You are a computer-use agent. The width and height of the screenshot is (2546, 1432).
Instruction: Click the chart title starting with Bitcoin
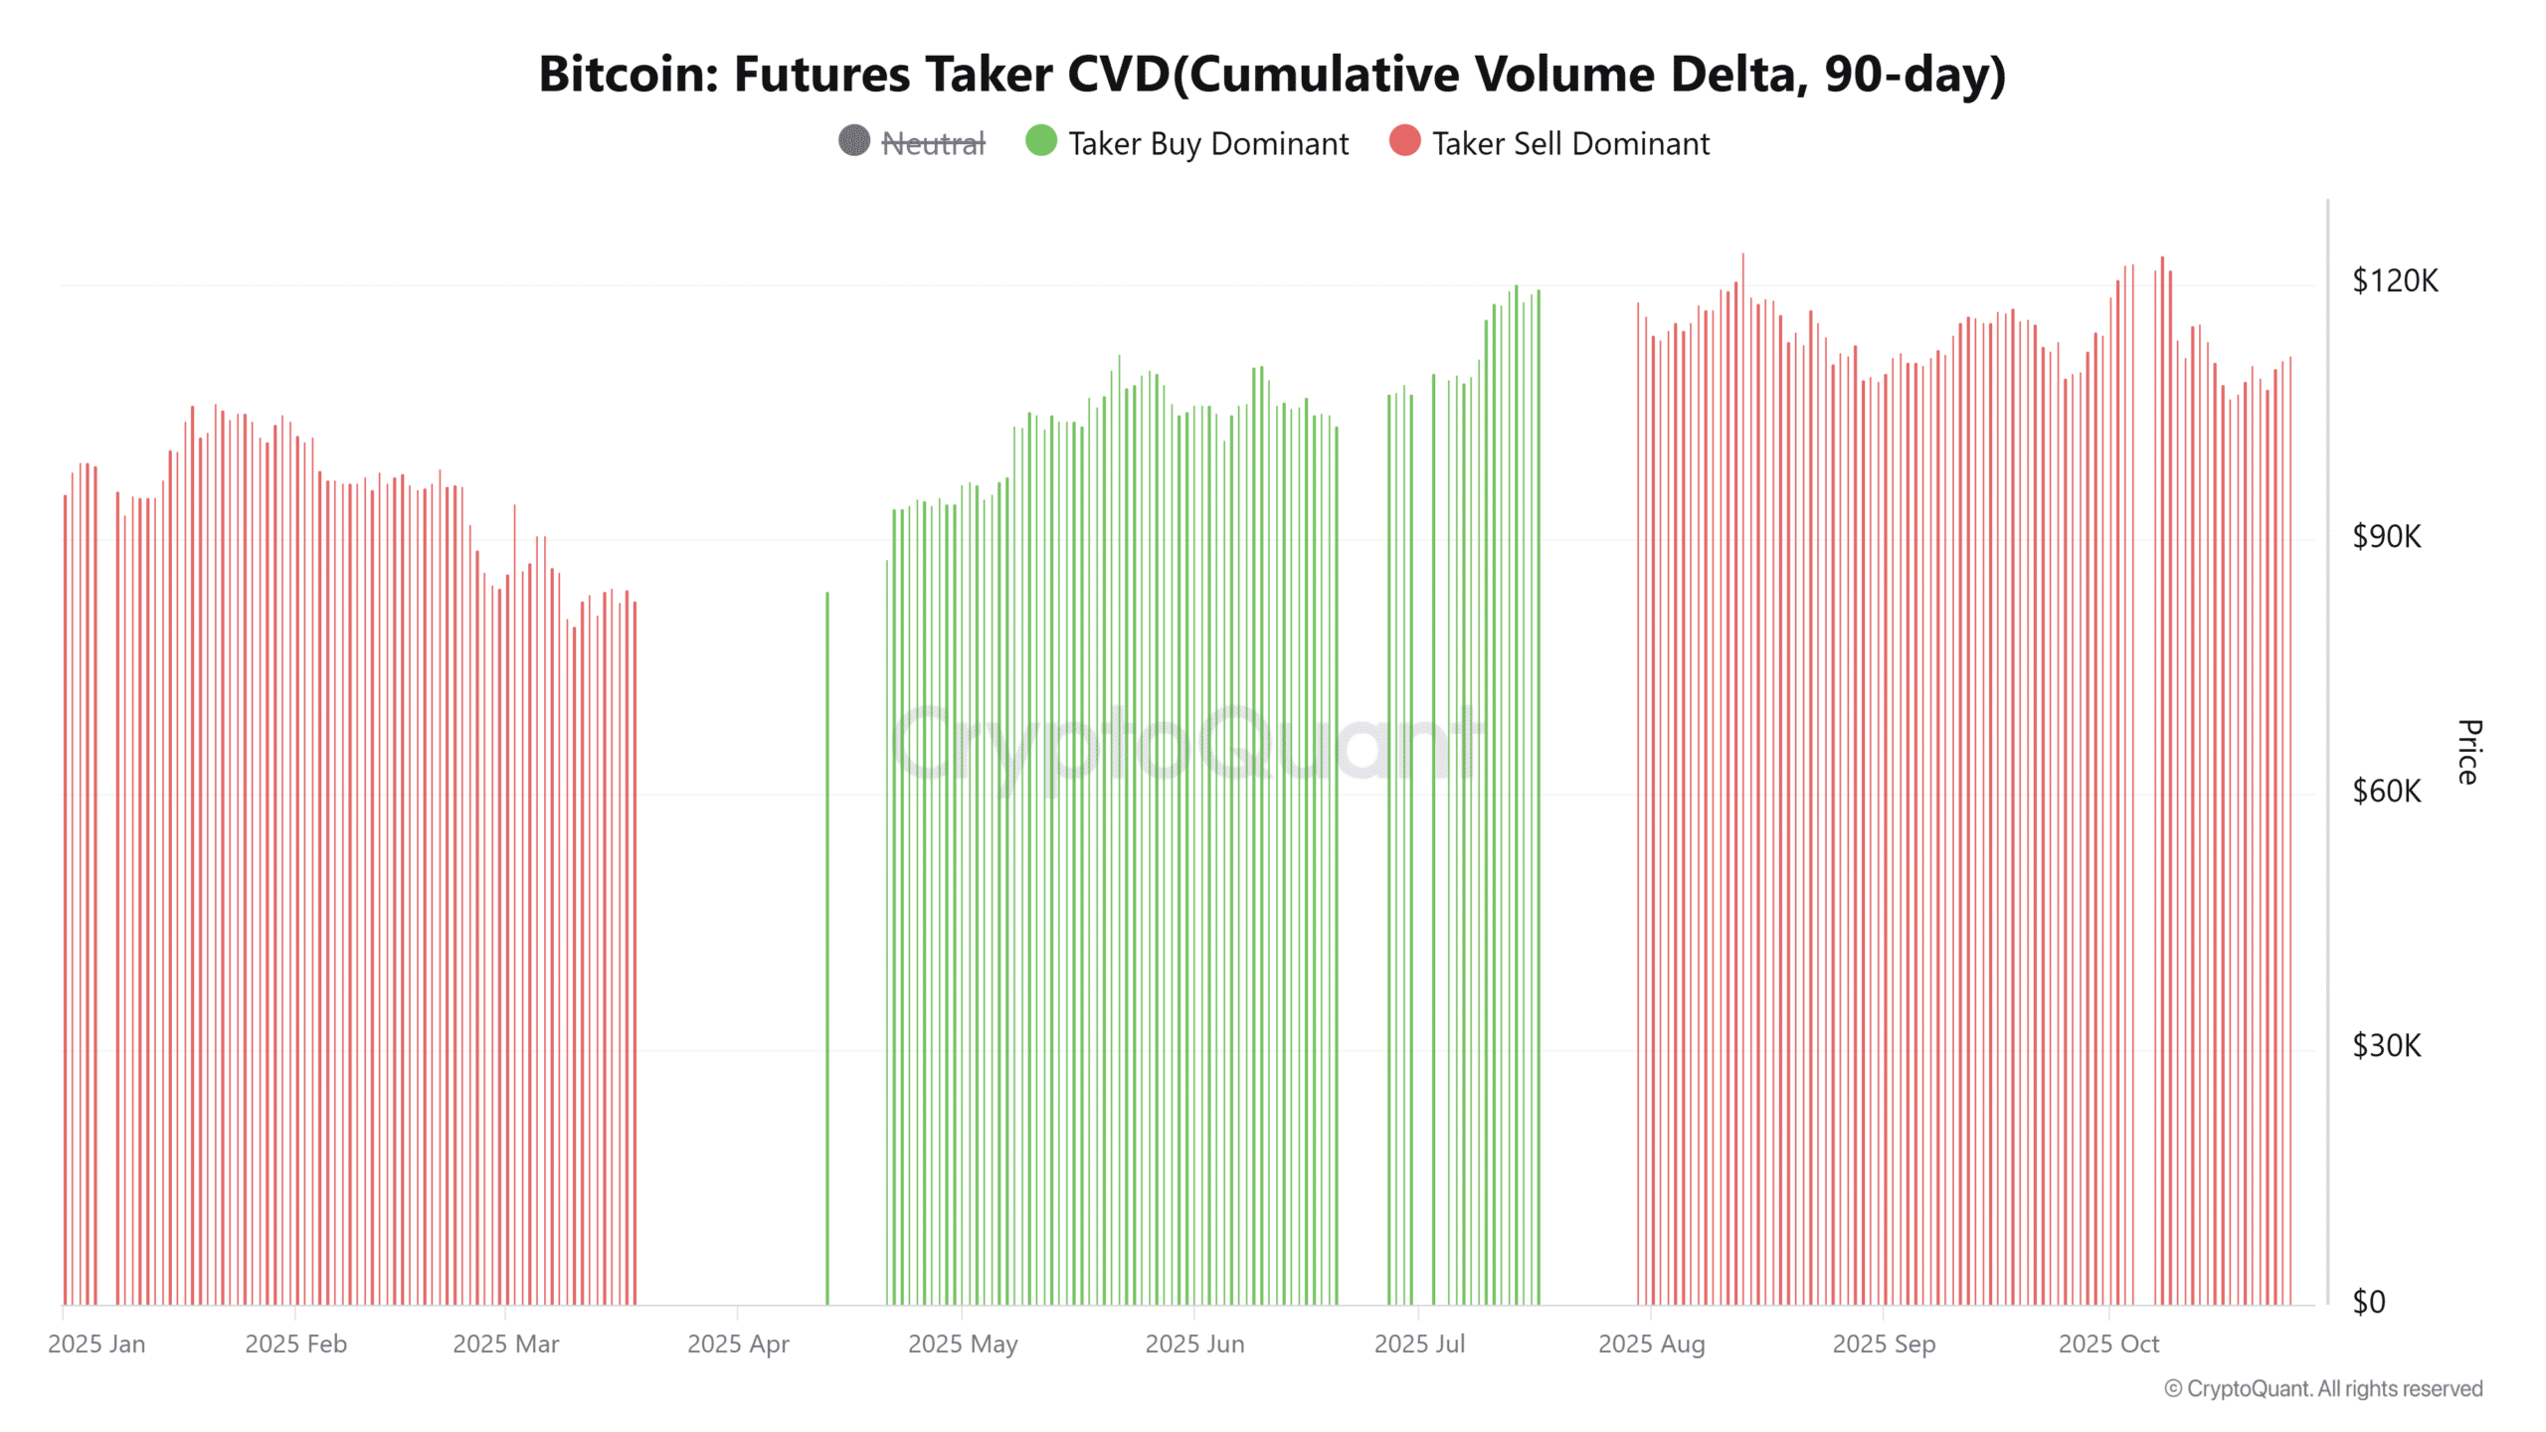tap(1272, 75)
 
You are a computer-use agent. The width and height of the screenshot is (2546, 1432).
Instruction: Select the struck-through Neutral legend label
tap(933, 144)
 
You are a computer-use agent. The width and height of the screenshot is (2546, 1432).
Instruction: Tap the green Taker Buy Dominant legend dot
tap(1040, 141)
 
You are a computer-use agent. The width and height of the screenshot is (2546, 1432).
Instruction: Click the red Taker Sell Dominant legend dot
tap(1404, 141)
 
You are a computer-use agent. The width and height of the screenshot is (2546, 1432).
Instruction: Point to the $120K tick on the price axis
tap(2394, 281)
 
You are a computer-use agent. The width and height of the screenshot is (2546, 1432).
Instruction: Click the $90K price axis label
tap(2386, 537)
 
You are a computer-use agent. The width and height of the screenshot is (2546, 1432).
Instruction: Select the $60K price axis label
tap(2386, 792)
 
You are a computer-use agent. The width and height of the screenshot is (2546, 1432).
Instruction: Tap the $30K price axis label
tap(2386, 1046)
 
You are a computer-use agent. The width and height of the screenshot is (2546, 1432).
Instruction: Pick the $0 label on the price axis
tap(2368, 1302)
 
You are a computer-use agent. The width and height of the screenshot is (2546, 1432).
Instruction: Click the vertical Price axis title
tap(2469, 752)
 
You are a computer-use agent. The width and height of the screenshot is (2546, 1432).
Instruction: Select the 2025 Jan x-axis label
tap(96, 1344)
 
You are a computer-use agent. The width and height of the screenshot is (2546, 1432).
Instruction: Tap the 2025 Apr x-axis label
tap(738, 1344)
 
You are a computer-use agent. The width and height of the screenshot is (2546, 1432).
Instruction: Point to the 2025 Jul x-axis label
tap(1419, 1344)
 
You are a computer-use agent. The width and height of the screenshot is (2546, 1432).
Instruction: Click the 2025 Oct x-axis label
tap(2108, 1344)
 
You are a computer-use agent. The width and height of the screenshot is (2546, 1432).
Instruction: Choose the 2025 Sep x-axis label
tap(1884, 1344)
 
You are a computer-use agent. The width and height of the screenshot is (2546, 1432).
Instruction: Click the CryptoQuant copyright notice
tap(2323, 1389)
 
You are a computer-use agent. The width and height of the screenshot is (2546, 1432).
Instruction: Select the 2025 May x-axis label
tap(963, 1344)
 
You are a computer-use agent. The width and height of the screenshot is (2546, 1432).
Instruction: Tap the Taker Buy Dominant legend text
tap(1208, 144)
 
